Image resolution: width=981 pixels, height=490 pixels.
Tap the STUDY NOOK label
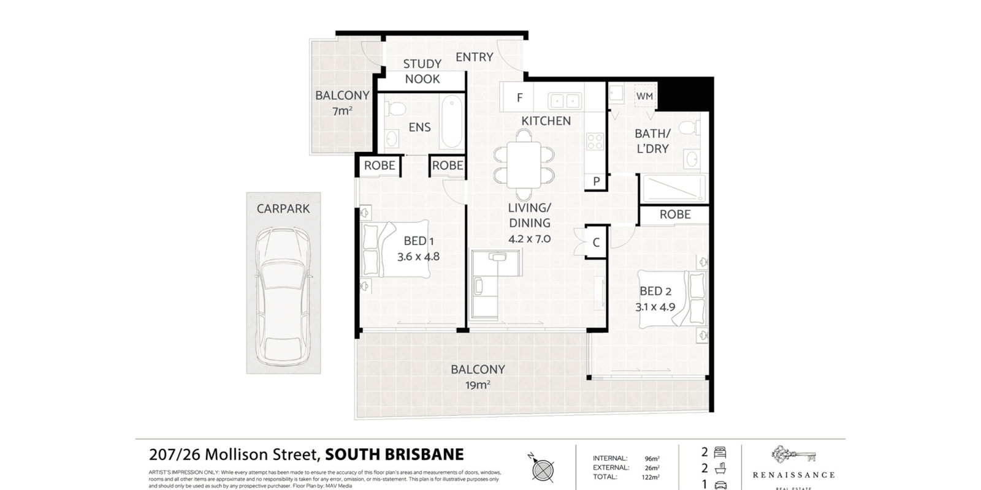tap(422, 72)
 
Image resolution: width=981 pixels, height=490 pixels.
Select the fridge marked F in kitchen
tap(519, 98)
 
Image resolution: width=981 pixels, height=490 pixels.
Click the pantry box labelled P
tap(595, 181)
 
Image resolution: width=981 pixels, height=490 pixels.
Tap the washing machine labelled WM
tap(644, 97)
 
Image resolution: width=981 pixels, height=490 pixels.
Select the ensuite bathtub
tap(451, 121)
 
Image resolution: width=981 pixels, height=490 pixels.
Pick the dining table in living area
tap(524, 164)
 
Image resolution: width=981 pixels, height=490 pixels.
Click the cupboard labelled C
tap(595, 243)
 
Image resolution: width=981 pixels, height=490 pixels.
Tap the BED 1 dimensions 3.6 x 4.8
tap(418, 257)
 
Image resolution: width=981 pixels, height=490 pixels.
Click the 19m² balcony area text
tap(478, 385)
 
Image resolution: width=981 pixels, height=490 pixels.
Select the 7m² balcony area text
tap(342, 111)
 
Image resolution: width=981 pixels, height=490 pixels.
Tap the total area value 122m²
tap(651, 477)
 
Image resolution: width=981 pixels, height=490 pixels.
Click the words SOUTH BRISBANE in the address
tap(394, 454)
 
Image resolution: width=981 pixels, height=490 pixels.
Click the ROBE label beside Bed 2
tap(675, 214)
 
